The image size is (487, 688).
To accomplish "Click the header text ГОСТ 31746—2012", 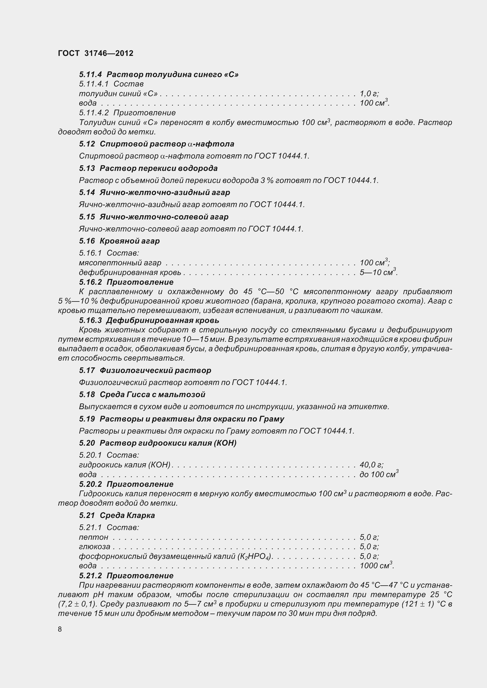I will click(x=95, y=53).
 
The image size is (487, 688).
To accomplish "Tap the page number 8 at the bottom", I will click(x=60, y=629).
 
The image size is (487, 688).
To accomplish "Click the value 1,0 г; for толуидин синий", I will click(x=369, y=94).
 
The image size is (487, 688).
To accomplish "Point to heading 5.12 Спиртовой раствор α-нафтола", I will click(x=156, y=144).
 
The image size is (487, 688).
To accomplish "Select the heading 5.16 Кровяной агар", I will click(x=119, y=241).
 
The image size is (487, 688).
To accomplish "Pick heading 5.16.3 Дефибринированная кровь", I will click(x=149, y=320).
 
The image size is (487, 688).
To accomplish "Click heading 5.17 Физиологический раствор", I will click(x=145, y=370).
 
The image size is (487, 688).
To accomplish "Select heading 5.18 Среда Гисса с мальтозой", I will click(x=142, y=394).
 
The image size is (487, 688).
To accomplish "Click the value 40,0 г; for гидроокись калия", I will click(x=372, y=465).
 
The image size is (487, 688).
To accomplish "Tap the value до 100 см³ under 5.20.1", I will click(x=379, y=474).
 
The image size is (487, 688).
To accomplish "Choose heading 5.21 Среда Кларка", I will click(x=117, y=515).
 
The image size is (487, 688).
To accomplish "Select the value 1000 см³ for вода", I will click(x=377, y=566).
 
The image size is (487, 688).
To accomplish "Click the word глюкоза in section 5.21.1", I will click(x=95, y=547).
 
